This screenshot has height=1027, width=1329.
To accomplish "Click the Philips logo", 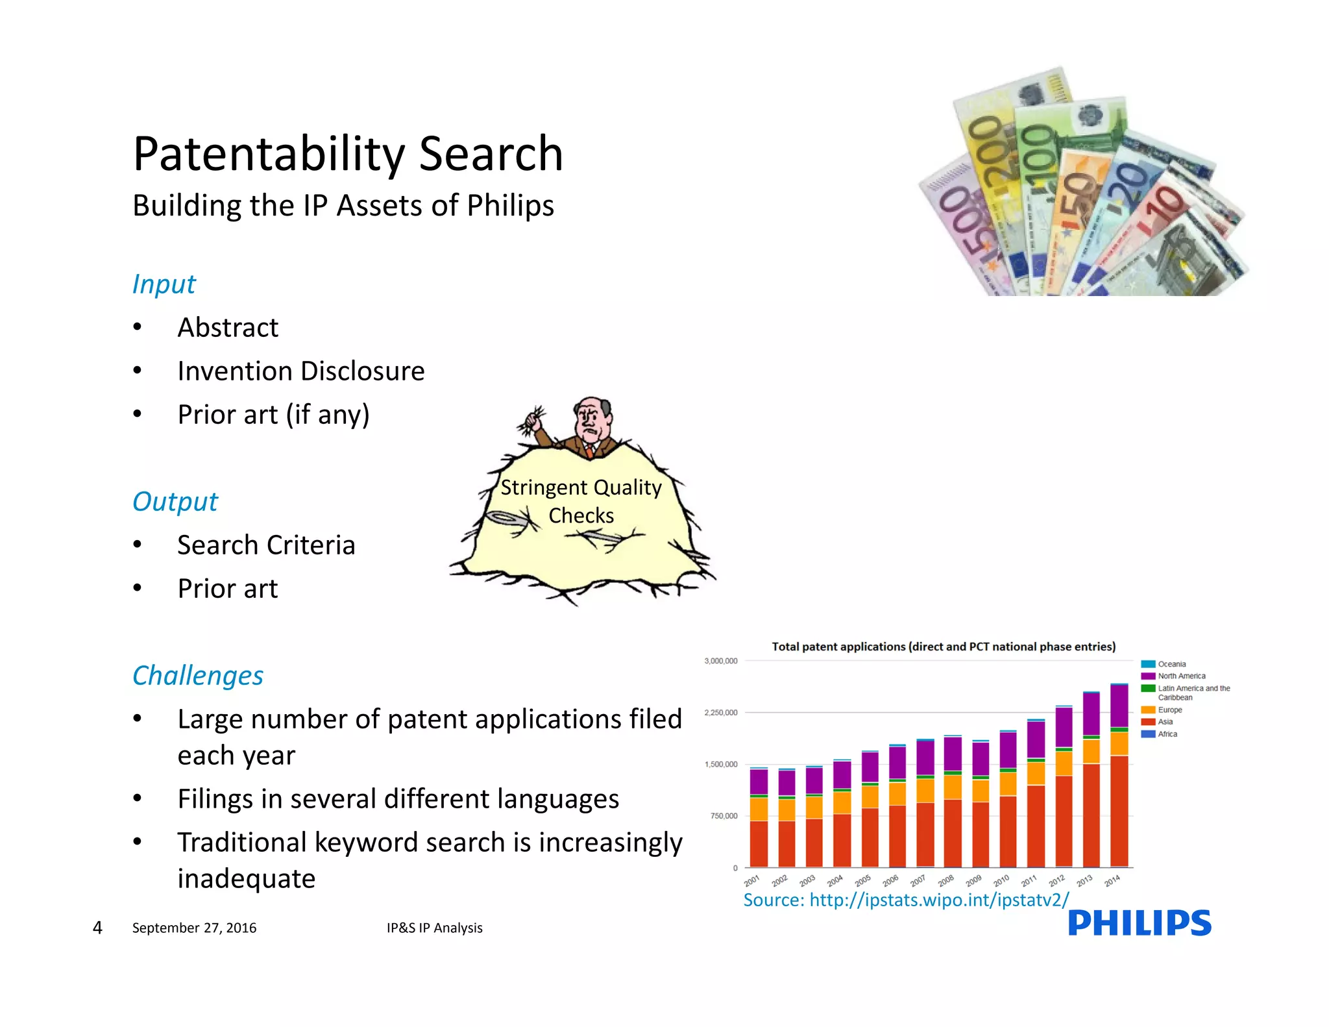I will [1139, 922].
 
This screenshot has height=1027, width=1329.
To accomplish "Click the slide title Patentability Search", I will [348, 154].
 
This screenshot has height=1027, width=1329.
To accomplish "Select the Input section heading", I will [164, 284].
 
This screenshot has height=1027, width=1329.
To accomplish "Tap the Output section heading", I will [175, 502].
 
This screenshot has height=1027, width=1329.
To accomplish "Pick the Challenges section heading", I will [198, 676].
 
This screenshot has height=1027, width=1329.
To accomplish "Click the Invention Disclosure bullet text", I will [301, 371].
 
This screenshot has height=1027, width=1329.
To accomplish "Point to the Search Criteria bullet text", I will [266, 545].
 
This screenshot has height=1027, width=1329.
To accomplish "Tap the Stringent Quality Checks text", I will [581, 501].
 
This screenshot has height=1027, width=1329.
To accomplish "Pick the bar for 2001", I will [759, 818].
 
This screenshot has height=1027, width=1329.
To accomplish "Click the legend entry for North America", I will [1181, 676].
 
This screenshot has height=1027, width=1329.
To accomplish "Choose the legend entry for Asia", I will [1165, 722].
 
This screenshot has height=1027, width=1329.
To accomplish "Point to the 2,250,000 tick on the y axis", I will [721, 713].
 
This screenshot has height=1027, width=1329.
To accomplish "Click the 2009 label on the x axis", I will [973, 881].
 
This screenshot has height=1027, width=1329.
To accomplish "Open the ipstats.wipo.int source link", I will [906, 900].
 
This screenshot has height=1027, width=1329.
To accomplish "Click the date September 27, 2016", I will [194, 928].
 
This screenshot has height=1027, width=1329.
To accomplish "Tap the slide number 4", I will [97, 928].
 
